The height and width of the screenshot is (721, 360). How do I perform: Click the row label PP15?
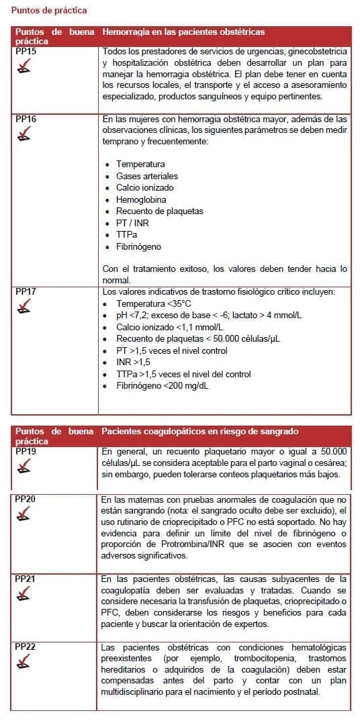tap(26, 51)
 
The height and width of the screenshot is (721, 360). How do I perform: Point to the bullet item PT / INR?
tap(132, 223)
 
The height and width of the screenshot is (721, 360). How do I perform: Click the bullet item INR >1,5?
tap(133, 362)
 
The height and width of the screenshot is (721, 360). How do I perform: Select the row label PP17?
tap(26, 292)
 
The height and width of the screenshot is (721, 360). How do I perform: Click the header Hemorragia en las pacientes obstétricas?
tap(183, 32)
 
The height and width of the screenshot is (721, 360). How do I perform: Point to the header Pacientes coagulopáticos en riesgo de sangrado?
tap(199, 431)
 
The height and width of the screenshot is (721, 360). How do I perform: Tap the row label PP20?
tap(26, 500)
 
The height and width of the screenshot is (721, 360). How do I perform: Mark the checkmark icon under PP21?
tap(24, 593)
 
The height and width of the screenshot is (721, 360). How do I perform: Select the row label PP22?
tap(26, 646)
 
